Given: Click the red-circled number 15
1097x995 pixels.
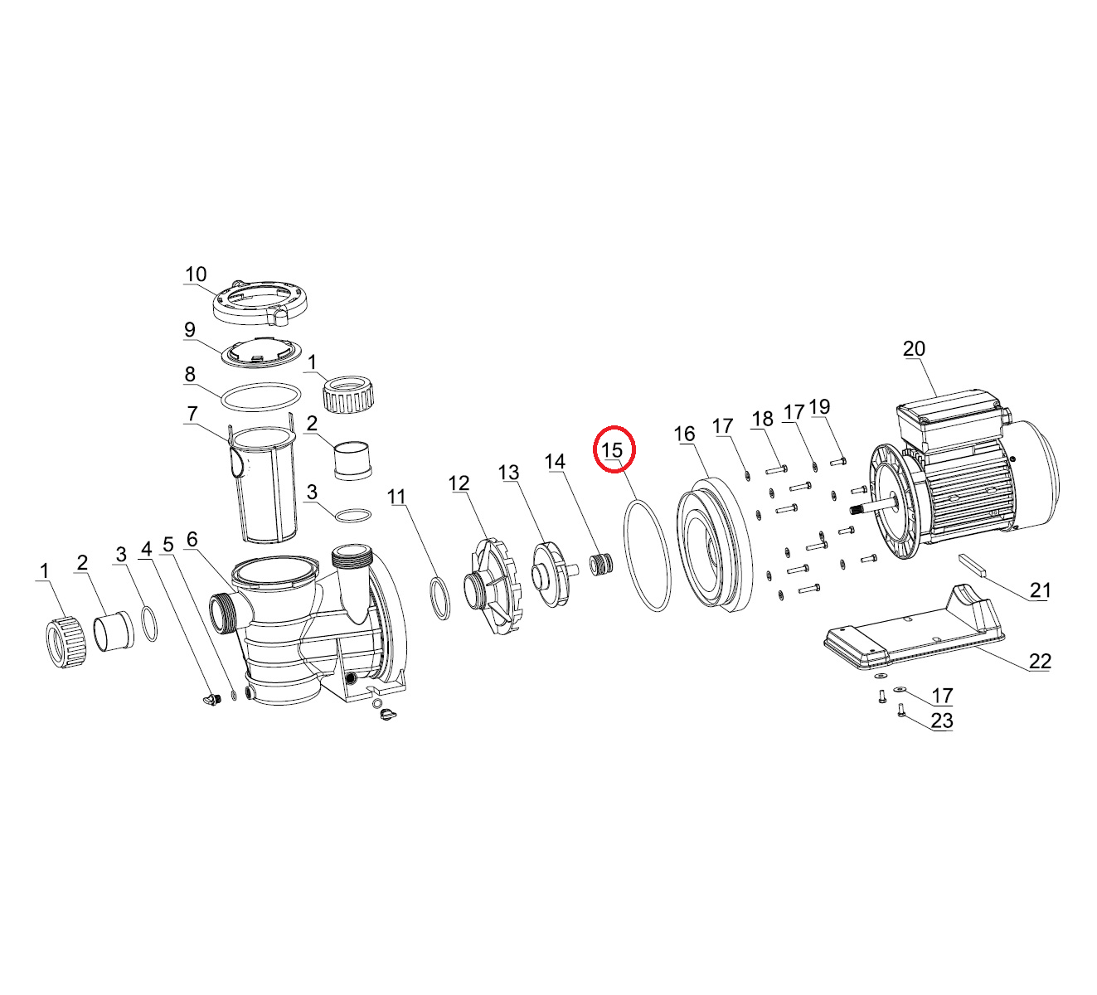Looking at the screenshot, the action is click(613, 450).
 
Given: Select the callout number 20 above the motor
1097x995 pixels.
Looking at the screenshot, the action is click(914, 348).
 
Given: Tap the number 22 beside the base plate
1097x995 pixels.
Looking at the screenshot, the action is click(1040, 662).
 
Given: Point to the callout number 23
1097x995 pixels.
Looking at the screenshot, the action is click(942, 721).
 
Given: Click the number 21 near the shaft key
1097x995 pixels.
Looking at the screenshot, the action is click(1040, 590).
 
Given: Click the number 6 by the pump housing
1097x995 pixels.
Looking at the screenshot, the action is click(192, 539).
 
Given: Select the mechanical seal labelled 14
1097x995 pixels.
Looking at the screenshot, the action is click(601, 564).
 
